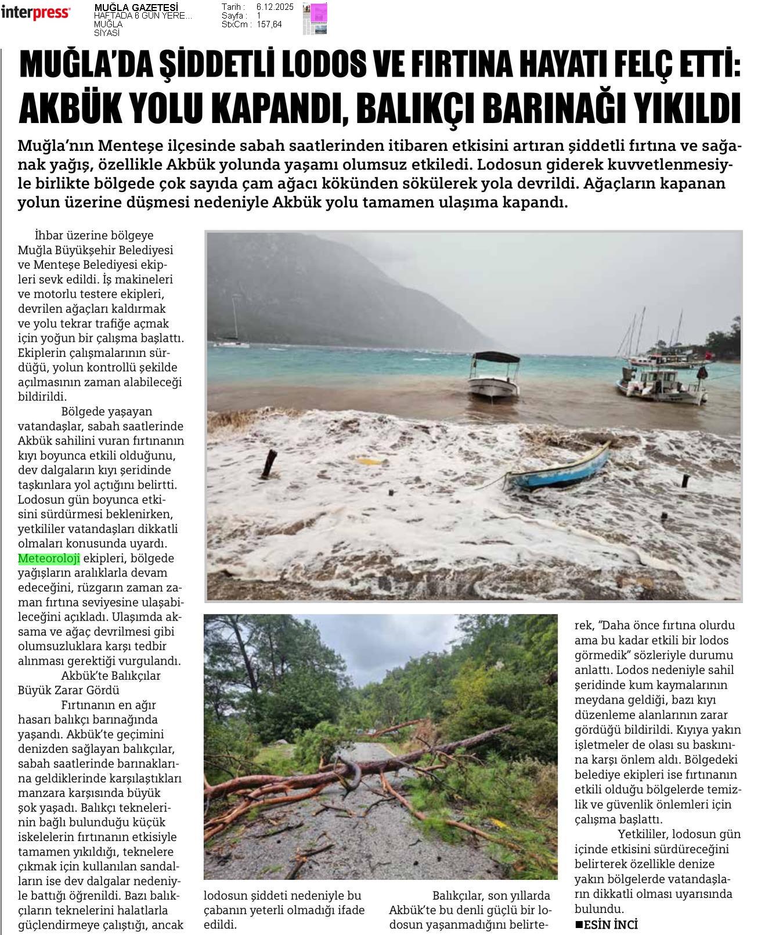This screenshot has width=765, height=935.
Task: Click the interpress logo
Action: (36, 12)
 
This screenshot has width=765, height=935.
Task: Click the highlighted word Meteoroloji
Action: (49, 558)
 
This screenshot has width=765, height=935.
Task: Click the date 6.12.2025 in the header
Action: (275, 7)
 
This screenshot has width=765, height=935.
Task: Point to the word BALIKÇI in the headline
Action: (426, 106)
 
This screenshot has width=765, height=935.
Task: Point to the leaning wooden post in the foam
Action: (269, 464)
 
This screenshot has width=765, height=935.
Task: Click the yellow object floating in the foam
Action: (370, 461)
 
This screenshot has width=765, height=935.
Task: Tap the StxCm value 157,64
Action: (269, 24)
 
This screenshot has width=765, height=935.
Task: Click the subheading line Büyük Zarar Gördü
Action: (68, 690)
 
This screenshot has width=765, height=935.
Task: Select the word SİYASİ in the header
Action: (106, 33)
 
